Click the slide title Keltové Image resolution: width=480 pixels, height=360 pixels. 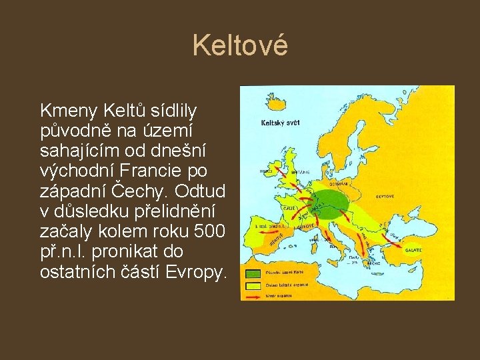tap(240, 46)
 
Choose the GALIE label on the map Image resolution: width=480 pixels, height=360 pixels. tap(290, 208)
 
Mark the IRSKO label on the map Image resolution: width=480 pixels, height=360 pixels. tap(265, 171)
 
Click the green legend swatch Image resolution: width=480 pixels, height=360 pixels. tap(253, 274)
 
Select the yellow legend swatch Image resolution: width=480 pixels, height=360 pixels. tap(253, 284)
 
